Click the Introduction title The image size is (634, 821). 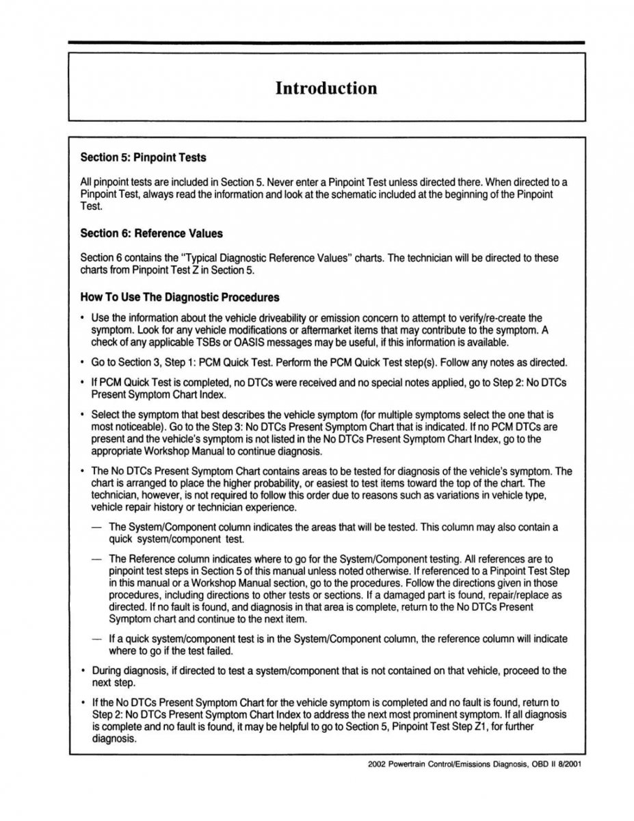[x=326, y=88]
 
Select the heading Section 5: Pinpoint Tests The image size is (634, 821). [x=143, y=157]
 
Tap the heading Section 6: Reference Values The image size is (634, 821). [x=151, y=233]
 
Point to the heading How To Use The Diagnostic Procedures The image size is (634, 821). [x=180, y=298]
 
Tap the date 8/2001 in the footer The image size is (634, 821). [x=569, y=764]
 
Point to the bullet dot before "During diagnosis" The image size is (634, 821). [x=82, y=671]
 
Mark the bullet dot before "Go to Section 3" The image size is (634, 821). [x=82, y=363]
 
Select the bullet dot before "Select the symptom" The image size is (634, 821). [x=82, y=415]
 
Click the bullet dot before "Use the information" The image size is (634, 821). [x=82, y=318]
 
